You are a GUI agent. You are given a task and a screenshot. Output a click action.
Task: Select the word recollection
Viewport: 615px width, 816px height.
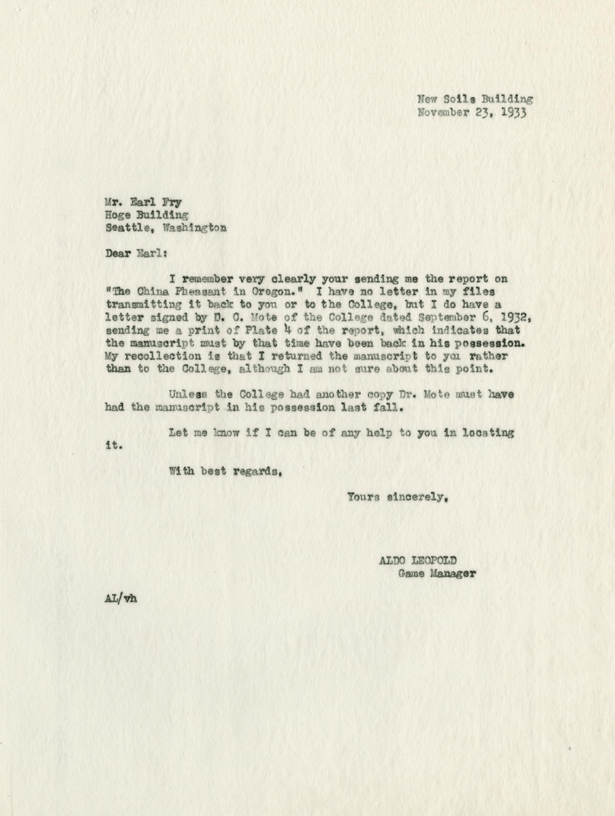click(x=165, y=357)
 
